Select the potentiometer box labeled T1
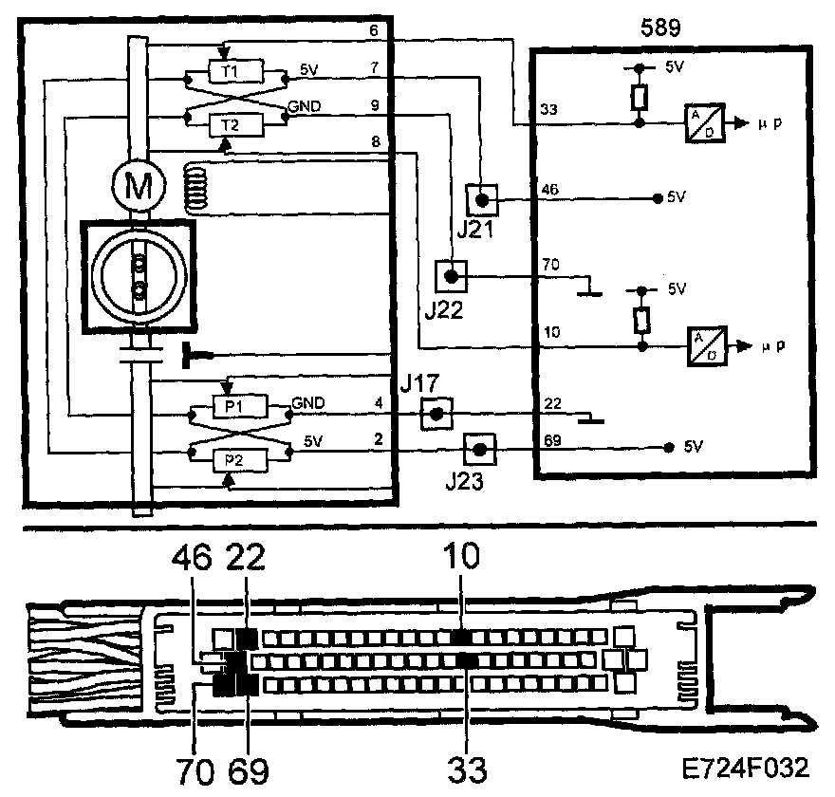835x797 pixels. pyautogui.click(x=230, y=71)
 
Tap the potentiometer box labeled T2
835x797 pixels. pyautogui.click(x=230, y=123)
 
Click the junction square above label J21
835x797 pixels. pyautogui.click(x=481, y=200)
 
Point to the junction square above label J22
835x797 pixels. pyautogui.click(x=452, y=275)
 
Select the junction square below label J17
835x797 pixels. pyautogui.click(x=435, y=413)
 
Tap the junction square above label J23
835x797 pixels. pyautogui.click(x=479, y=449)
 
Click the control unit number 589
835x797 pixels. pyautogui.click(x=661, y=27)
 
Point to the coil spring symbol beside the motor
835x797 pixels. pyautogui.click(x=196, y=186)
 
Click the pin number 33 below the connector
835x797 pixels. pyautogui.click(x=467, y=766)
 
